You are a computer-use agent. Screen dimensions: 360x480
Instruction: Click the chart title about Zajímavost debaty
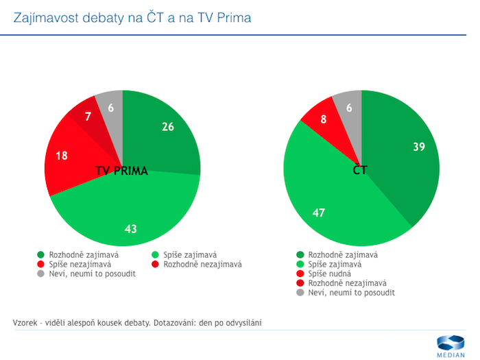point(132,17)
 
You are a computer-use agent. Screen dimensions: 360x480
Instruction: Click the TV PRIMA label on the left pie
point(121,171)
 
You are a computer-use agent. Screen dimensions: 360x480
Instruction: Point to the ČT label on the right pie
point(360,170)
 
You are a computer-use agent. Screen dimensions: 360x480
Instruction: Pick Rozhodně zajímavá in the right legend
point(342,254)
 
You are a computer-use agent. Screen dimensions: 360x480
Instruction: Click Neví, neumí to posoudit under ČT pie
point(351,292)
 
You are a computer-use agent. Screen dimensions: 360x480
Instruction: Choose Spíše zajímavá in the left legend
point(186,254)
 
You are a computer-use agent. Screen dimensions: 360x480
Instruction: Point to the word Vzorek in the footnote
point(25,322)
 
